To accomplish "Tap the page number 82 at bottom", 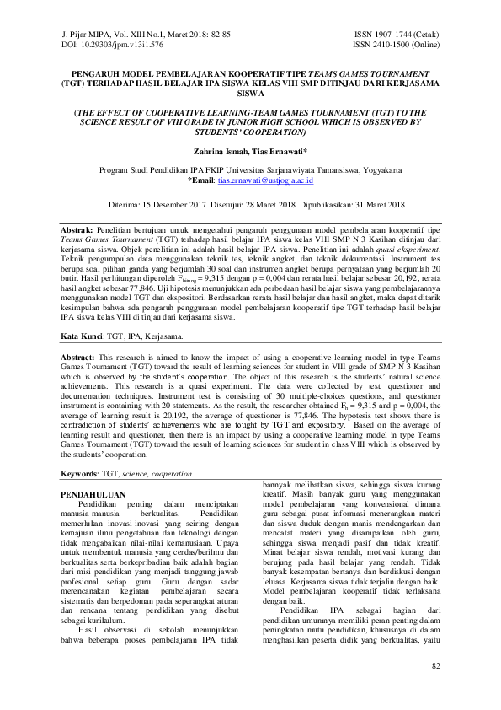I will pyautogui.click(x=435, y=691).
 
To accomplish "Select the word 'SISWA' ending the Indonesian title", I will pyautogui.click(x=250, y=95).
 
